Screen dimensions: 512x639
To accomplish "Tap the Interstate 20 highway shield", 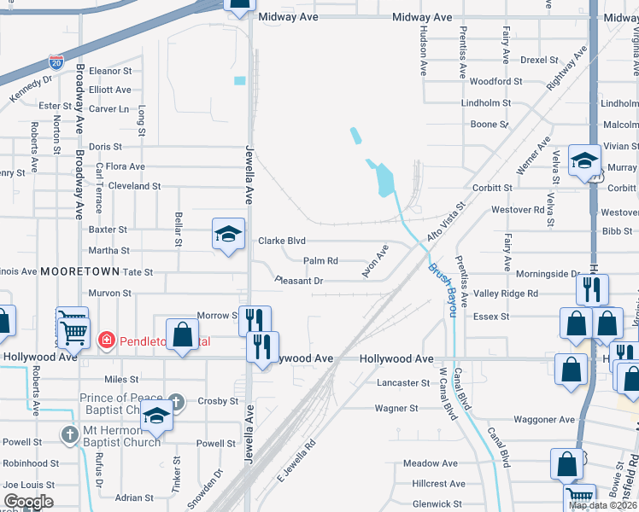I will point(56,61).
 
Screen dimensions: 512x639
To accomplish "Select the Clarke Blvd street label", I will point(282,241).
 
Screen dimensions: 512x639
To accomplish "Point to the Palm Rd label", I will point(321,261).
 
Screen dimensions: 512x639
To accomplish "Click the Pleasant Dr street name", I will point(298,280).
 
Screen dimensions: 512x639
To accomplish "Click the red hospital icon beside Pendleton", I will point(107,340).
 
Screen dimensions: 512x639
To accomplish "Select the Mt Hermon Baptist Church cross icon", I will point(71,434).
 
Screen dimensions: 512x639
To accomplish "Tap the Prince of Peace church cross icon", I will point(176,400).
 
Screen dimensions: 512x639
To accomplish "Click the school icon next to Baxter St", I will point(228,235).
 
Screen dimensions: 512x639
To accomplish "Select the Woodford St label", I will point(495,82).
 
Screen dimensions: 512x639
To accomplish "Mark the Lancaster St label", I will point(402,383).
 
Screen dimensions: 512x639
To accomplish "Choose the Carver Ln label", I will point(108,109).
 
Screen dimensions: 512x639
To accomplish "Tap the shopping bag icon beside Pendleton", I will point(182,334).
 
